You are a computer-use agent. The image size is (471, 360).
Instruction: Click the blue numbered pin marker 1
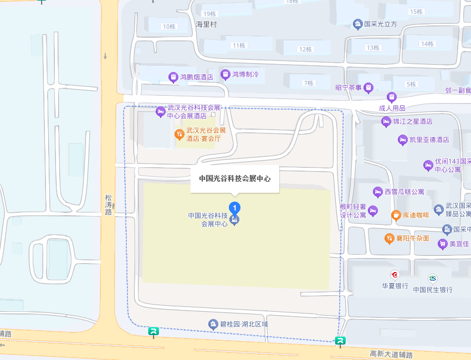(x=235, y=209)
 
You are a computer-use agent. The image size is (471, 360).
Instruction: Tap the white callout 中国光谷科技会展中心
(x=235, y=179)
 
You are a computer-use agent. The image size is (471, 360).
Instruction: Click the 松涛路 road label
(x=108, y=204)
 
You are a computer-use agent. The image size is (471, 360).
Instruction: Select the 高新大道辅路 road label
(x=391, y=353)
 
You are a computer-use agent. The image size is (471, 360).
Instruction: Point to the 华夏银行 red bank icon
(x=395, y=275)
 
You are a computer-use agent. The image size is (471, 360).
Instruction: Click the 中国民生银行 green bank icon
(x=432, y=278)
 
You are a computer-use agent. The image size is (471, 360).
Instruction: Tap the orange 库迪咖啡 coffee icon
(x=396, y=215)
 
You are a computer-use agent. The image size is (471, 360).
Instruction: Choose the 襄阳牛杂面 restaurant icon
(x=390, y=238)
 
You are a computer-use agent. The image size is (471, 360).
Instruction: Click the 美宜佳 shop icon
(x=442, y=244)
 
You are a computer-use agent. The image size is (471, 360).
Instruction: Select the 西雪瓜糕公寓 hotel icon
(x=379, y=192)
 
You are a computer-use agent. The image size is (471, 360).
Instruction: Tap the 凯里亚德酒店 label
(x=429, y=140)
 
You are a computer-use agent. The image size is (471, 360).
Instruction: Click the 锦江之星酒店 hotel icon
(x=386, y=121)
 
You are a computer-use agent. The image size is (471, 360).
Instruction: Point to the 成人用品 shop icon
(x=392, y=97)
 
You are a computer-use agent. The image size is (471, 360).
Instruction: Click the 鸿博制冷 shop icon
(x=226, y=74)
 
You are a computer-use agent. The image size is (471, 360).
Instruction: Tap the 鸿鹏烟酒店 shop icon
(x=173, y=77)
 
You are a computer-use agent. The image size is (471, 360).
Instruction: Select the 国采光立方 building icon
(x=358, y=24)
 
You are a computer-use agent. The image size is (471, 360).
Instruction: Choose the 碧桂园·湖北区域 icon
(x=212, y=324)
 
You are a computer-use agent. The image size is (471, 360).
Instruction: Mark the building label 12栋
(x=305, y=49)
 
